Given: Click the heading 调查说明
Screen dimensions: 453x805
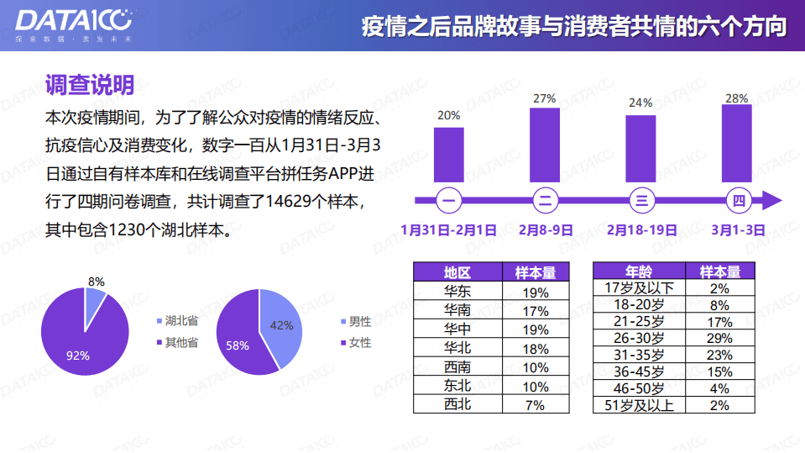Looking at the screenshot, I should [x=90, y=84].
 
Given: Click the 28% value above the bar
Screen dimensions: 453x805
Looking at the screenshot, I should [x=736, y=98].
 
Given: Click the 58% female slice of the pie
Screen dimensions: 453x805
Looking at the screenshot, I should [x=243, y=336].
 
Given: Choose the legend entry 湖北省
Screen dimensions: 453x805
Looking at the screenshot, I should [x=180, y=320].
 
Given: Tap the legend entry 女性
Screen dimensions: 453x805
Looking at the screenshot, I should [x=359, y=342].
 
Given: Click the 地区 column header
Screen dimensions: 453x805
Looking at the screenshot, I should [x=457, y=272].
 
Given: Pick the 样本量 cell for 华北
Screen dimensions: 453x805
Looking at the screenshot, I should [x=535, y=349].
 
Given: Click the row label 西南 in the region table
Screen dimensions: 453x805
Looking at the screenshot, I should [x=457, y=367].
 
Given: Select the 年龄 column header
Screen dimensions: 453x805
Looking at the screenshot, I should [x=638, y=272].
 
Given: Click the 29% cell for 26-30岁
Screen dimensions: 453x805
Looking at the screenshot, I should [x=719, y=338].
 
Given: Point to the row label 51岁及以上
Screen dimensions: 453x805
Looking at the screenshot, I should [x=639, y=405].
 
